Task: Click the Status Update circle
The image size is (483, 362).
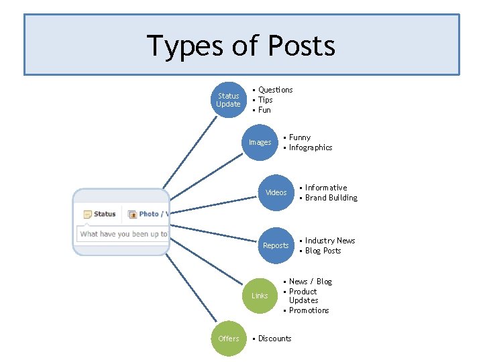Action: [228, 100]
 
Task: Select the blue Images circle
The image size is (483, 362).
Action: [260, 142]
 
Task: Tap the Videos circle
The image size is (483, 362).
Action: [276, 192]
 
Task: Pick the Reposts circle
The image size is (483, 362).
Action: [276, 245]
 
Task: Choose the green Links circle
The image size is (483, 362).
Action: [260, 296]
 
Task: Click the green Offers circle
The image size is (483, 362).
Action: [228, 339]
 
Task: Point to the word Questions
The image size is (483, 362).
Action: [275, 90]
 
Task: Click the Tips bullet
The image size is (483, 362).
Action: [265, 100]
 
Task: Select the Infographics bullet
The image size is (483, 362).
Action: [310, 147]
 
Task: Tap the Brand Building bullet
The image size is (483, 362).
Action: [331, 198]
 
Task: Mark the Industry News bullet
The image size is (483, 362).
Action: [329, 241]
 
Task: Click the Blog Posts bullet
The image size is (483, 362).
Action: [323, 251]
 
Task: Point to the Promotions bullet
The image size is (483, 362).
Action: [309, 310]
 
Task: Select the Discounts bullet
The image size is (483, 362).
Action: [274, 339]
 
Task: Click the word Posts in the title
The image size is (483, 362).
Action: [301, 46]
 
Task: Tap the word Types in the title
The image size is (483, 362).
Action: [184, 46]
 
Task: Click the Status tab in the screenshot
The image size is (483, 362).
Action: [100, 214]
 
